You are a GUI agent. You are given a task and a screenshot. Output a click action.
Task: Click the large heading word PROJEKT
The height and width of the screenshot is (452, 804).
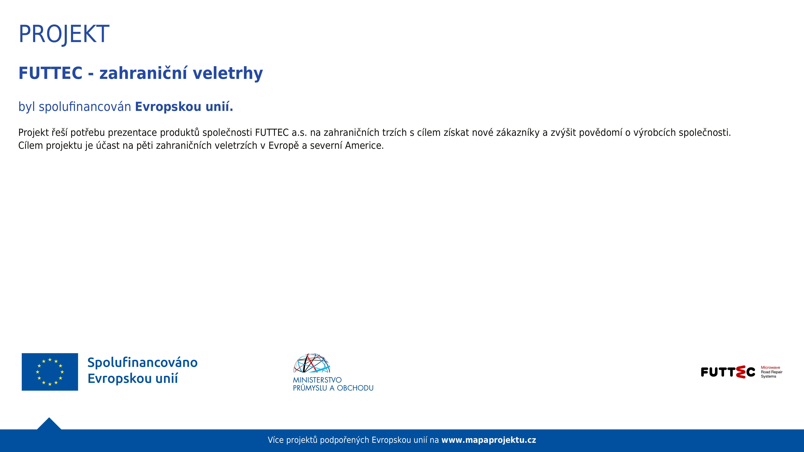[x=64, y=34]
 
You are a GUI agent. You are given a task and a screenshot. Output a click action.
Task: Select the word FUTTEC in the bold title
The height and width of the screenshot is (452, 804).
[x=50, y=73]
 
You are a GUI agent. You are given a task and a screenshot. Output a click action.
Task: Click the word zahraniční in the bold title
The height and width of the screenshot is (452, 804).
[x=143, y=73]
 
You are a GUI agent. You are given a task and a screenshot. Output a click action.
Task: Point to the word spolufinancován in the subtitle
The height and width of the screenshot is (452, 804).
[x=85, y=107]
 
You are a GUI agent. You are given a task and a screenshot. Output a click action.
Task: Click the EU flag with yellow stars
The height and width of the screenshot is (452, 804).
[x=50, y=372]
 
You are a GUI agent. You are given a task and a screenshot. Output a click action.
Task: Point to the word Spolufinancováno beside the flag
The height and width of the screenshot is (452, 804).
[x=143, y=362]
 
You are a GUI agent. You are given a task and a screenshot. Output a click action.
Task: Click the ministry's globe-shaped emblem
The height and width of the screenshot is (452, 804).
[x=312, y=363]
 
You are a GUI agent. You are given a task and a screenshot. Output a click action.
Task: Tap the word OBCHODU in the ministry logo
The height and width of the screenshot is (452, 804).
[x=355, y=388]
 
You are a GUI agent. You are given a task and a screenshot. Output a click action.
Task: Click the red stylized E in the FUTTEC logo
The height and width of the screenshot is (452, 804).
[x=741, y=372]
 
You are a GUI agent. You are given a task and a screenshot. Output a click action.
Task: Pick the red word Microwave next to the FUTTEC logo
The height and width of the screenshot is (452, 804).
[x=770, y=367]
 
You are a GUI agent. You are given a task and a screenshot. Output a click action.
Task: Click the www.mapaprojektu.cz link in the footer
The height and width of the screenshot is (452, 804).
[x=489, y=440]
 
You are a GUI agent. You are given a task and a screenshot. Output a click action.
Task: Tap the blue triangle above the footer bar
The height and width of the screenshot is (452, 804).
[x=49, y=424]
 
